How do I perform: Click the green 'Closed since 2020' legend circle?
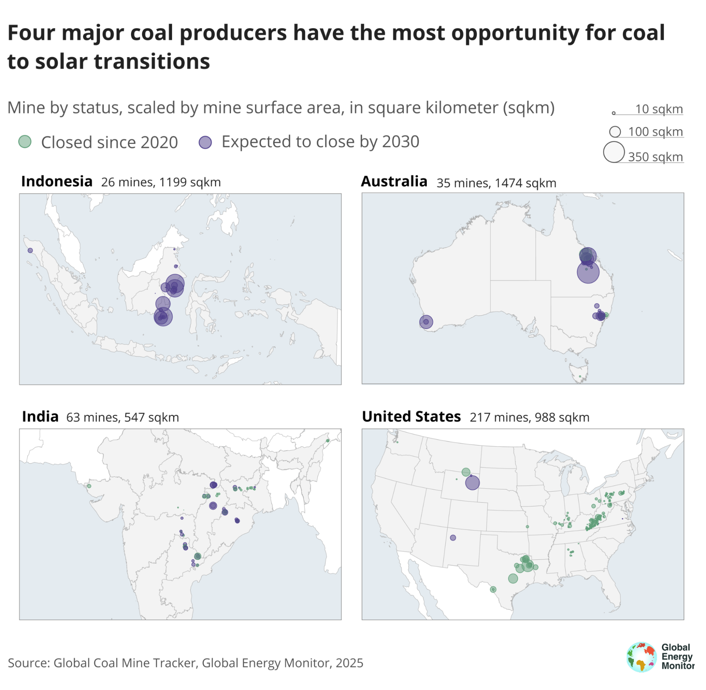(x=25, y=142)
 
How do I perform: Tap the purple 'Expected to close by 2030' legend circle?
(x=205, y=142)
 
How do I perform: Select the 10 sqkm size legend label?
(x=659, y=109)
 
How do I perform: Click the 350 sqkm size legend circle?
(x=613, y=152)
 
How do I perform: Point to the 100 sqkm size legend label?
(x=655, y=132)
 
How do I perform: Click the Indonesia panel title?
(x=57, y=181)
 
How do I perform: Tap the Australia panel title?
(x=394, y=181)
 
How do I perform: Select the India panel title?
(x=40, y=417)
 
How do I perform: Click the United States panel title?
(x=411, y=417)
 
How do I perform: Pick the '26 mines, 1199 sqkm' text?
(x=161, y=182)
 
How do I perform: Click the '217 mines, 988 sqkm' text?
(x=529, y=418)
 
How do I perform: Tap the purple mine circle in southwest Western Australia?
(x=426, y=322)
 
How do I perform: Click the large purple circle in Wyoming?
(x=472, y=483)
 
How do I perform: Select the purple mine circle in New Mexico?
(x=453, y=538)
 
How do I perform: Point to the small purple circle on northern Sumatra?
(x=30, y=251)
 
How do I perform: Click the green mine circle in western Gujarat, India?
(x=89, y=486)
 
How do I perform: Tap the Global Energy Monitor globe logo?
(x=641, y=657)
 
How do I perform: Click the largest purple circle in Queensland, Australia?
(x=588, y=272)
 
